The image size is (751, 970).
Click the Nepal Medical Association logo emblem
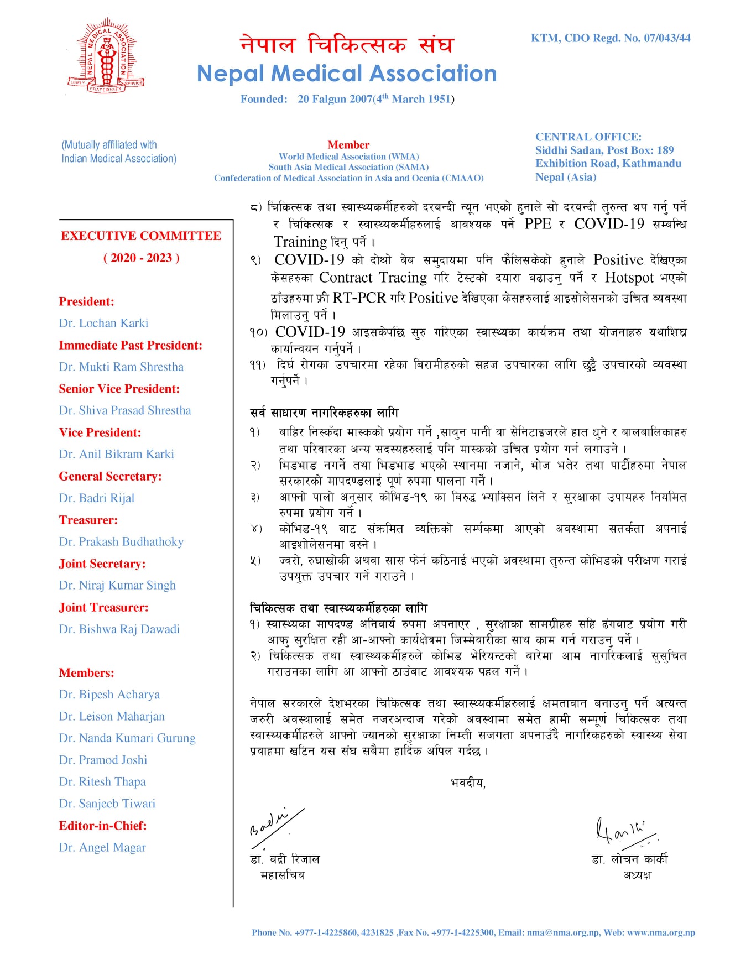106,55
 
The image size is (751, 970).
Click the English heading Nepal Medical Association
347,74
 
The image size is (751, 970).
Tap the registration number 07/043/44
667,38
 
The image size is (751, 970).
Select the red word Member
348,145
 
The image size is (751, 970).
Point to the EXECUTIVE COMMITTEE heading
141,236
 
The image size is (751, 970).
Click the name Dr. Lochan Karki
103,323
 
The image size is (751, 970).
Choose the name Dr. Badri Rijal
97,498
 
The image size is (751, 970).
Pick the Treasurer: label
88,520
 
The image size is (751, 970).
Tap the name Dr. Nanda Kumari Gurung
127,738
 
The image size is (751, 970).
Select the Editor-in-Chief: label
103,826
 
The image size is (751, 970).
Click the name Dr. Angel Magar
102,848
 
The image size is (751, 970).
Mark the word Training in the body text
300,242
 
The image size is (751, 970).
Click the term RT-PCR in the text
359,298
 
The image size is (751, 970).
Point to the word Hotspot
629,278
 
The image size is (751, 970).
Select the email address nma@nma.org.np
562,932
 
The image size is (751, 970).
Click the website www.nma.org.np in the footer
661,932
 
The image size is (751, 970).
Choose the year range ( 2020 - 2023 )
141,258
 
